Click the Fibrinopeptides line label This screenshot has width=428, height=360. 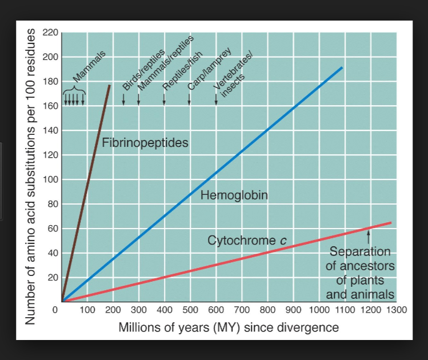click(145, 143)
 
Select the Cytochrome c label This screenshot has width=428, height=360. click(246, 241)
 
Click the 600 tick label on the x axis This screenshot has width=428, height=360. click(215, 310)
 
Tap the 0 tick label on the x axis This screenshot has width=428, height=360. click(55, 310)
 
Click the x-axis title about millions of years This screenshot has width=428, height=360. click(229, 328)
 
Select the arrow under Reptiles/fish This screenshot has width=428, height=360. click(164, 99)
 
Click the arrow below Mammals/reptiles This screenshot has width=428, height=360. click(138, 99)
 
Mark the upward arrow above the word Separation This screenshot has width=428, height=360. click(369, 235)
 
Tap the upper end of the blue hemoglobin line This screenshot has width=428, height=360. click(342, 67)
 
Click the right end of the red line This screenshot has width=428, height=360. click(391, 222)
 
